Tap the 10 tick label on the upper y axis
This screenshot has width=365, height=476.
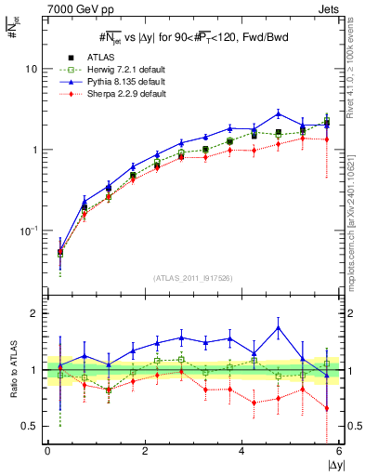tap(31, 70)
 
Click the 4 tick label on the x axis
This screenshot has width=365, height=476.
tap(242, 451)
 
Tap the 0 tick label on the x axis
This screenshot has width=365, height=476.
tap(47, 451)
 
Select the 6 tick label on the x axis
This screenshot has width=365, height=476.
tap(339, 451)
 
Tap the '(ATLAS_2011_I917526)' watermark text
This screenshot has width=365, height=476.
tap(192, 278)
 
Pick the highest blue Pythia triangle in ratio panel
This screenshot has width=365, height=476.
tap(279, 327)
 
